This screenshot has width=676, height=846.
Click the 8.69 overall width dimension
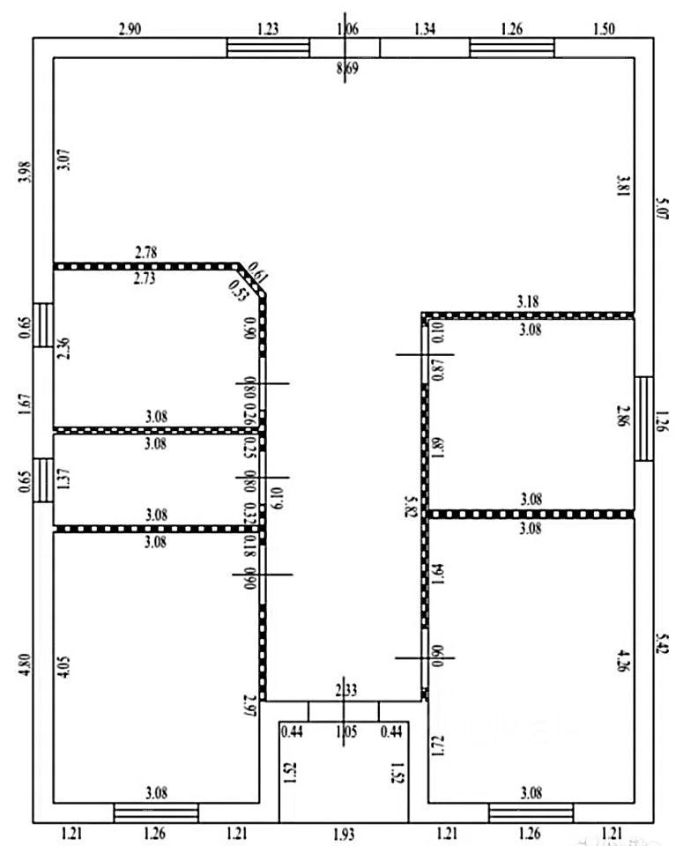click(347, 68)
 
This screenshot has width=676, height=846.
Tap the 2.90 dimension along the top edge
click(130, 29)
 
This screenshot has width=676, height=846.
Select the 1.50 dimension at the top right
click(605, 29)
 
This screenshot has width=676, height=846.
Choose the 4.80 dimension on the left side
click(24, 661)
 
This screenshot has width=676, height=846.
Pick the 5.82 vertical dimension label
click(410, 508)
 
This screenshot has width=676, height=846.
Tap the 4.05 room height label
click(61, 664)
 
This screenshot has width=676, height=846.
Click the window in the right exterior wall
click(644, 419)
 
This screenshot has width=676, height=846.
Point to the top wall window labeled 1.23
click(268, 47)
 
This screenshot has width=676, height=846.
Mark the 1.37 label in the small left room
click(61, 480)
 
